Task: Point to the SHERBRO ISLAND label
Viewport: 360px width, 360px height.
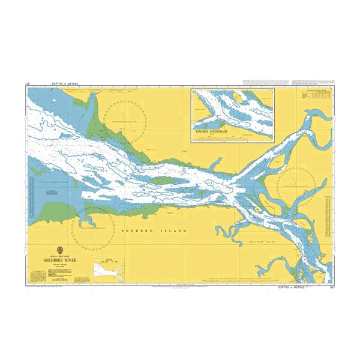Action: pos(154,230)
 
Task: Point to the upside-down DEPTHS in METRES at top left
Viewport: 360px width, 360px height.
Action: pos(50,83)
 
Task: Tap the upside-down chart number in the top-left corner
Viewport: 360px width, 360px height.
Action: pos(28,83)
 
